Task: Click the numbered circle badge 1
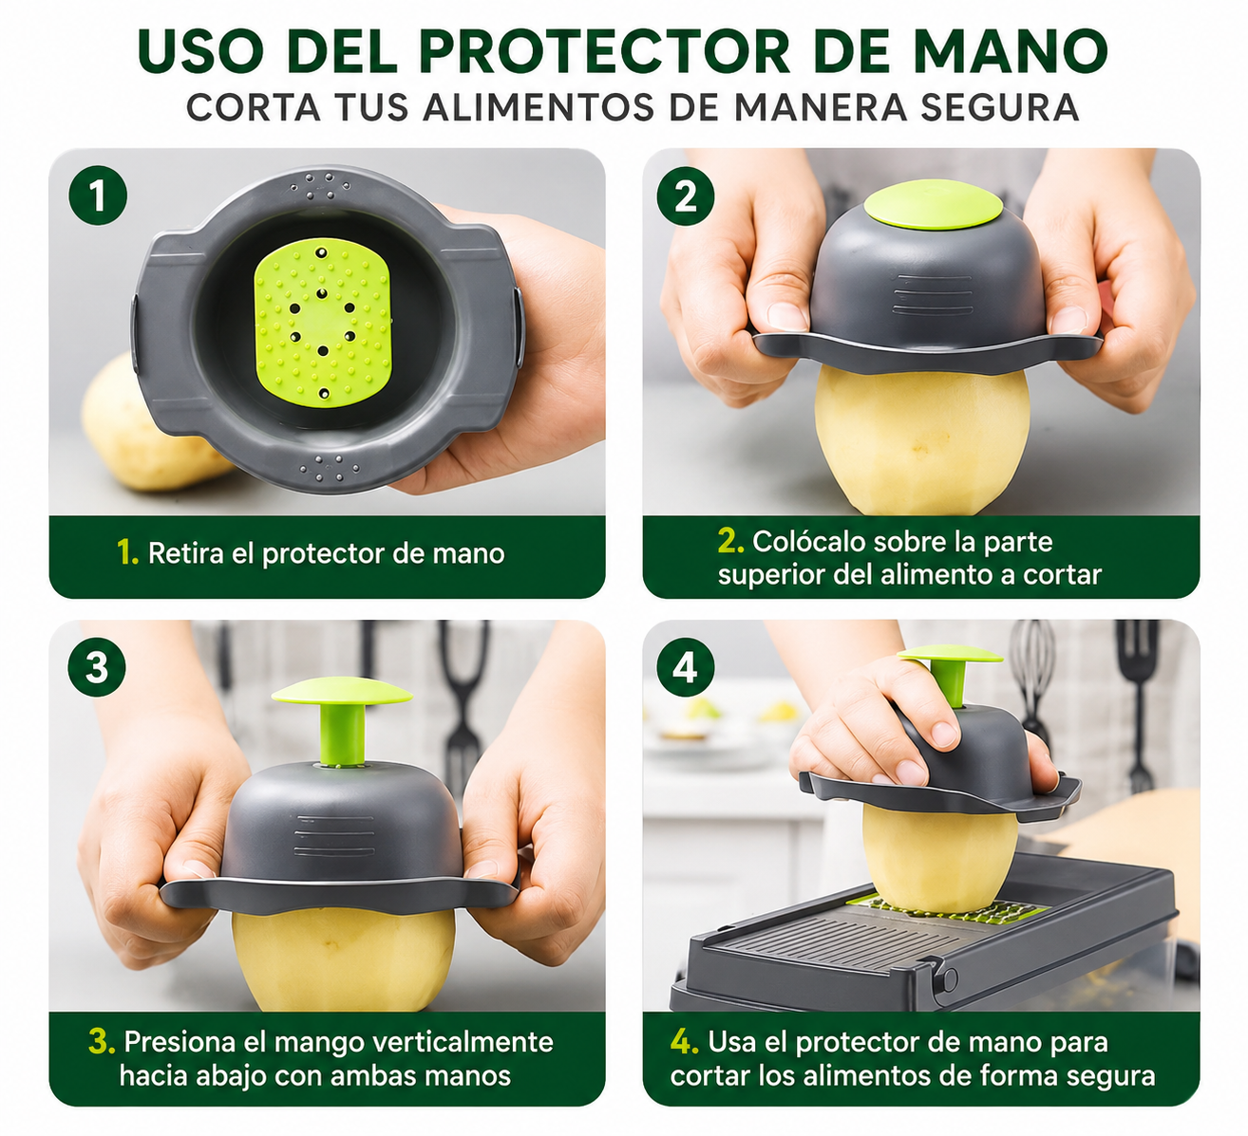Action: click(x=98, y=196)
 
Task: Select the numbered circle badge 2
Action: click(x=686, y=196)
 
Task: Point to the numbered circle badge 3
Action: click(x=98, y=667)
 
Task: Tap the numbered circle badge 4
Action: click(x=686, y=667)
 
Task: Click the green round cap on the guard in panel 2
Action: click(x=933, y=205)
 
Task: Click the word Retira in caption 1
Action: click(x=185, y=552)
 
